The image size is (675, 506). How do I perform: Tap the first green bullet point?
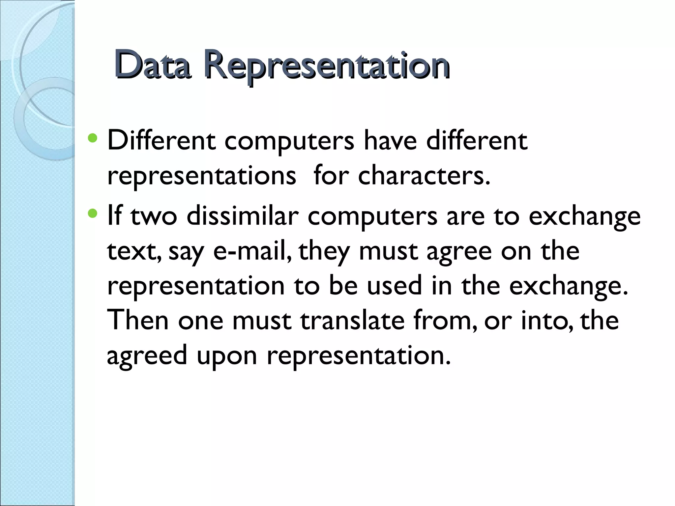[x=93, y=138]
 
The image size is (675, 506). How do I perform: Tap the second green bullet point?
[x=93, y=214]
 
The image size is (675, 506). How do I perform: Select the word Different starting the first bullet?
[x=161, y=141]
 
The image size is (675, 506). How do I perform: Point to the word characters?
[x=424, y=176]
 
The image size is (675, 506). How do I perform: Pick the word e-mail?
[x=252, y=251]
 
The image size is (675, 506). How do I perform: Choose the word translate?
[x=352, y=320]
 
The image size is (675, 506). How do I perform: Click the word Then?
[x=138, y=320]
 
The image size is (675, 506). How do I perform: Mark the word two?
[x=154, y=216]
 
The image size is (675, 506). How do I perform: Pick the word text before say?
[x=134, y=251]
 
